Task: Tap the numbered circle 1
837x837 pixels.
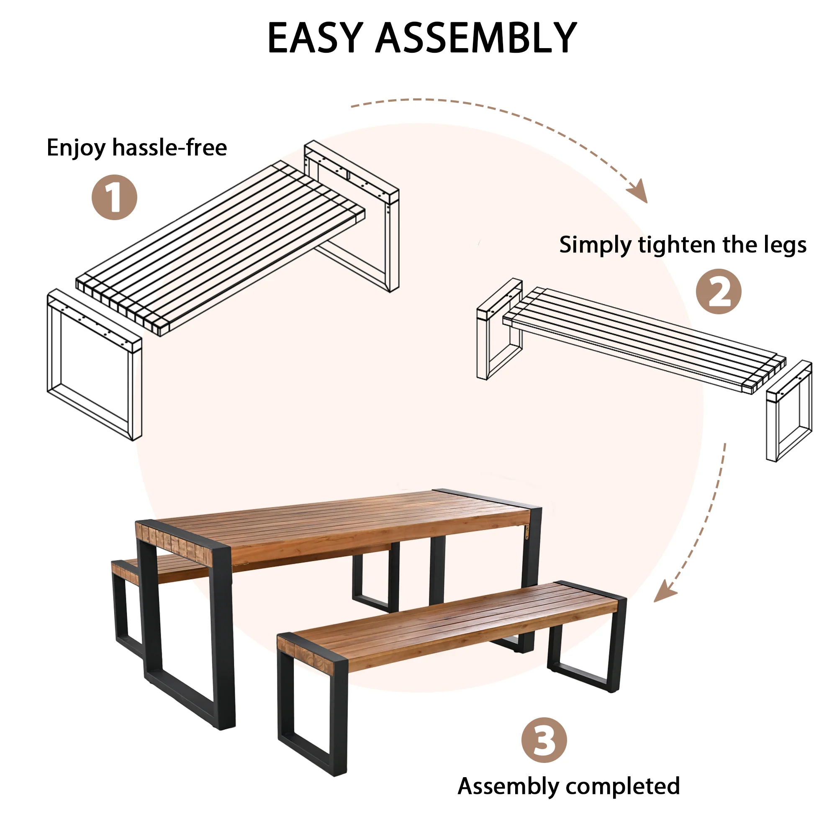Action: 114,198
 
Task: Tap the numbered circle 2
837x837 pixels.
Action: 718,292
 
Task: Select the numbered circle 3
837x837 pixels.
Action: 544,740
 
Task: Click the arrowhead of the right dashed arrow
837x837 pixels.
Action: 664,593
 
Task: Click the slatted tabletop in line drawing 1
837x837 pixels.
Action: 221,247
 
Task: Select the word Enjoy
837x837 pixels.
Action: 76,149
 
